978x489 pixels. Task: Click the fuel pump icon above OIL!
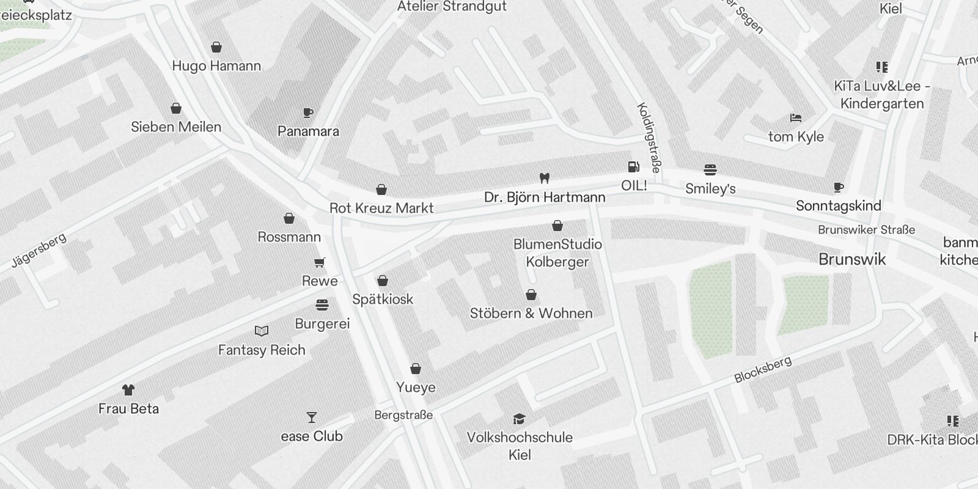click(634, 166)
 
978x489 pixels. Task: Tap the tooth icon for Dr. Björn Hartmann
click(545, 178)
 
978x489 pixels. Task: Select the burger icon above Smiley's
click(710, 169)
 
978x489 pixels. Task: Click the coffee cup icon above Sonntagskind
click(838, 187)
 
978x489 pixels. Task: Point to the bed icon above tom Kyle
click(795, 118)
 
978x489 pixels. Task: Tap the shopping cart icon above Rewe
click(320, 263)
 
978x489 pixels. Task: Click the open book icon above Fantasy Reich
click(262, 331)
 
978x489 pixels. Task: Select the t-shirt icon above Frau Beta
click(128, 390)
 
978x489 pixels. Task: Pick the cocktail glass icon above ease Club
click(312, 417)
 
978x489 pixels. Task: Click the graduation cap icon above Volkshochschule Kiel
click(520, 419)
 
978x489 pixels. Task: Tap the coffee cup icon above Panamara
click(308, 113)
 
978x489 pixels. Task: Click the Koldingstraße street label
click(649, 138)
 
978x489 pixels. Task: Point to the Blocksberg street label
click(763, 370)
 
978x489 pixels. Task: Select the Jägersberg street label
click(39, 251)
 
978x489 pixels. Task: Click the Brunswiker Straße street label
click(866, 230)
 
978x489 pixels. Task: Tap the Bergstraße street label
click(403, 416)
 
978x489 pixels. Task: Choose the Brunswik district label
click(852, 259)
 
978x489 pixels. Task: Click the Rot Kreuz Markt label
click(381, 208)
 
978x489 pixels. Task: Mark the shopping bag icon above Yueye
click(416, 369)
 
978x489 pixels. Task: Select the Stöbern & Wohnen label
click(531, 314)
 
